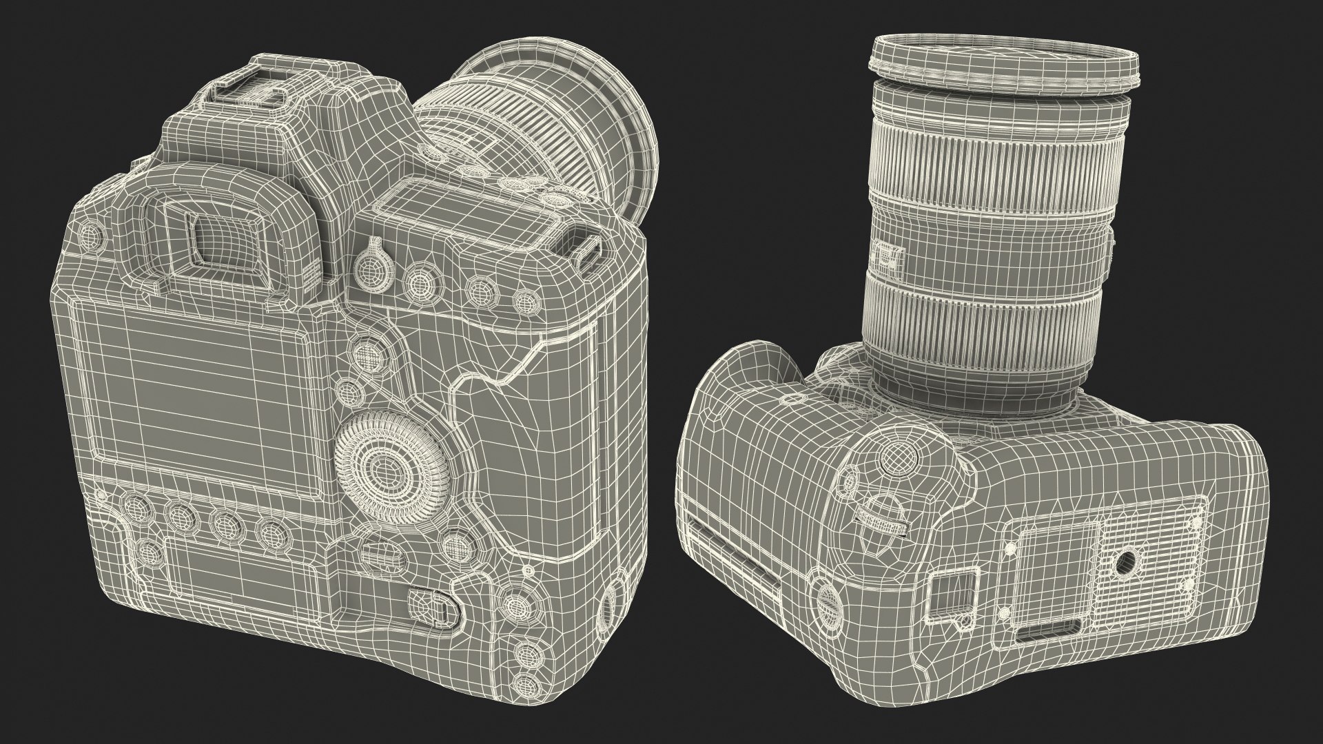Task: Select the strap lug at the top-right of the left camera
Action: [x=584, y=251]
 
